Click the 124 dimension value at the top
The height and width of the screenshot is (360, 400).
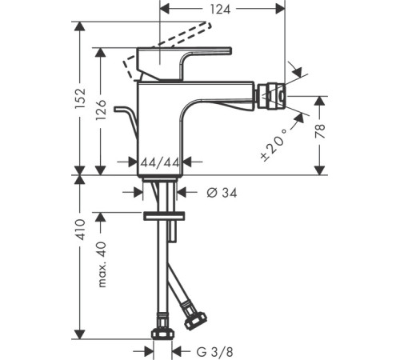point(220,10)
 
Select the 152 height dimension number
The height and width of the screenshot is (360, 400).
point(80,98)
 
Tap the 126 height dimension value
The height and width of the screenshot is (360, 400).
point(101,110)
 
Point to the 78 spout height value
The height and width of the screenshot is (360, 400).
point(320,131)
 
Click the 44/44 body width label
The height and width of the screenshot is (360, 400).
point(160,162)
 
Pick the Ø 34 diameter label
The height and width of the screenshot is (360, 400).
point(222,193)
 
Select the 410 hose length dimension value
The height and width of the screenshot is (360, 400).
point(80,230)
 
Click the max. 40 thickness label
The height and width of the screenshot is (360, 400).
point(102,264)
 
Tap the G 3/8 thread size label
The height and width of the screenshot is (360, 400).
point(215,352)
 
